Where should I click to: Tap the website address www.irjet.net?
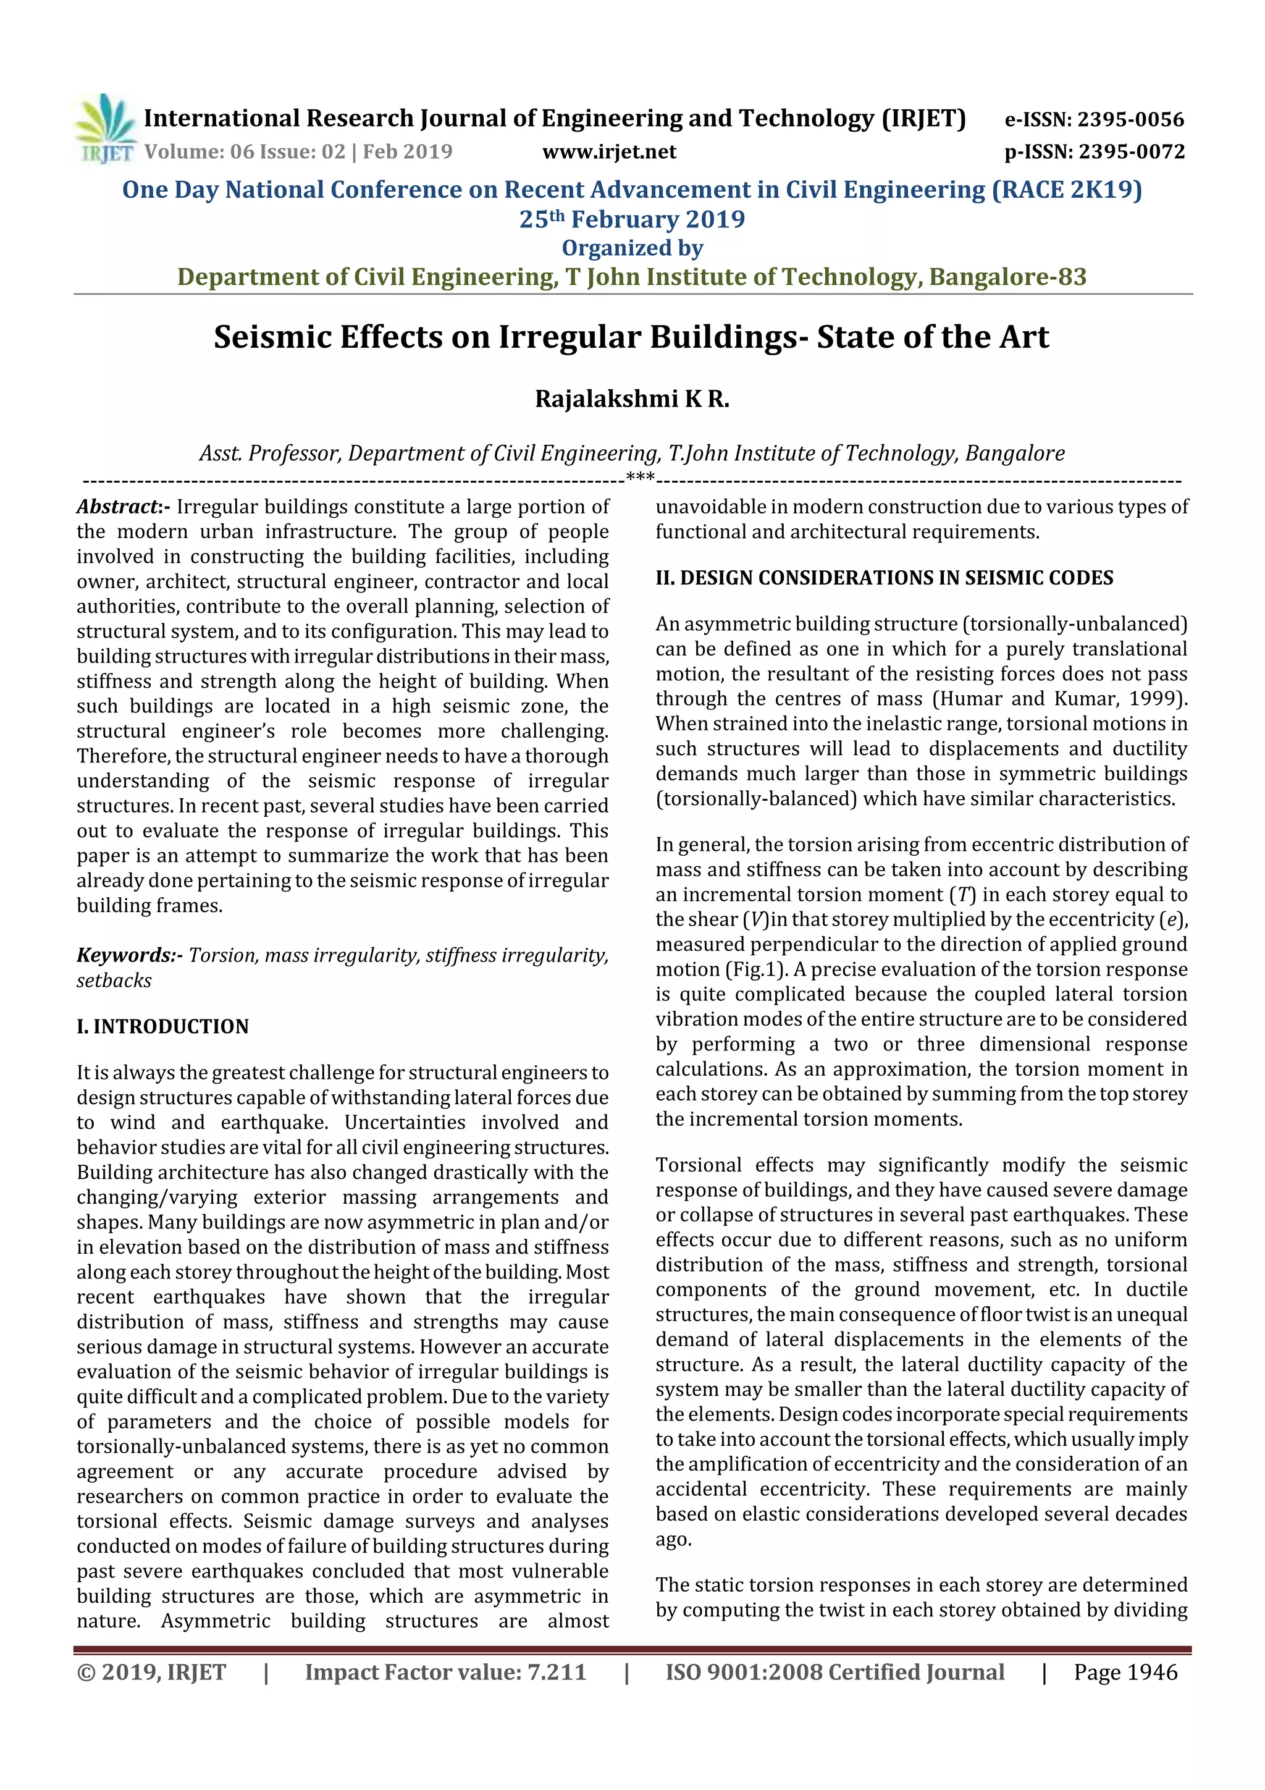coord(609,151)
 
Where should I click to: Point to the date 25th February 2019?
coord(632,220)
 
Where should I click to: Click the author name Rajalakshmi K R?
coord(632,399)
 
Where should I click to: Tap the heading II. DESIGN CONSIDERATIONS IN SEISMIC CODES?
coord(884,578)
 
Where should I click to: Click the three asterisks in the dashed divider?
coord(639,477)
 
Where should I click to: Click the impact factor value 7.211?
coord(557,1672)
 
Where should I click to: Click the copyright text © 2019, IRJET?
coord(151,1672)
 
